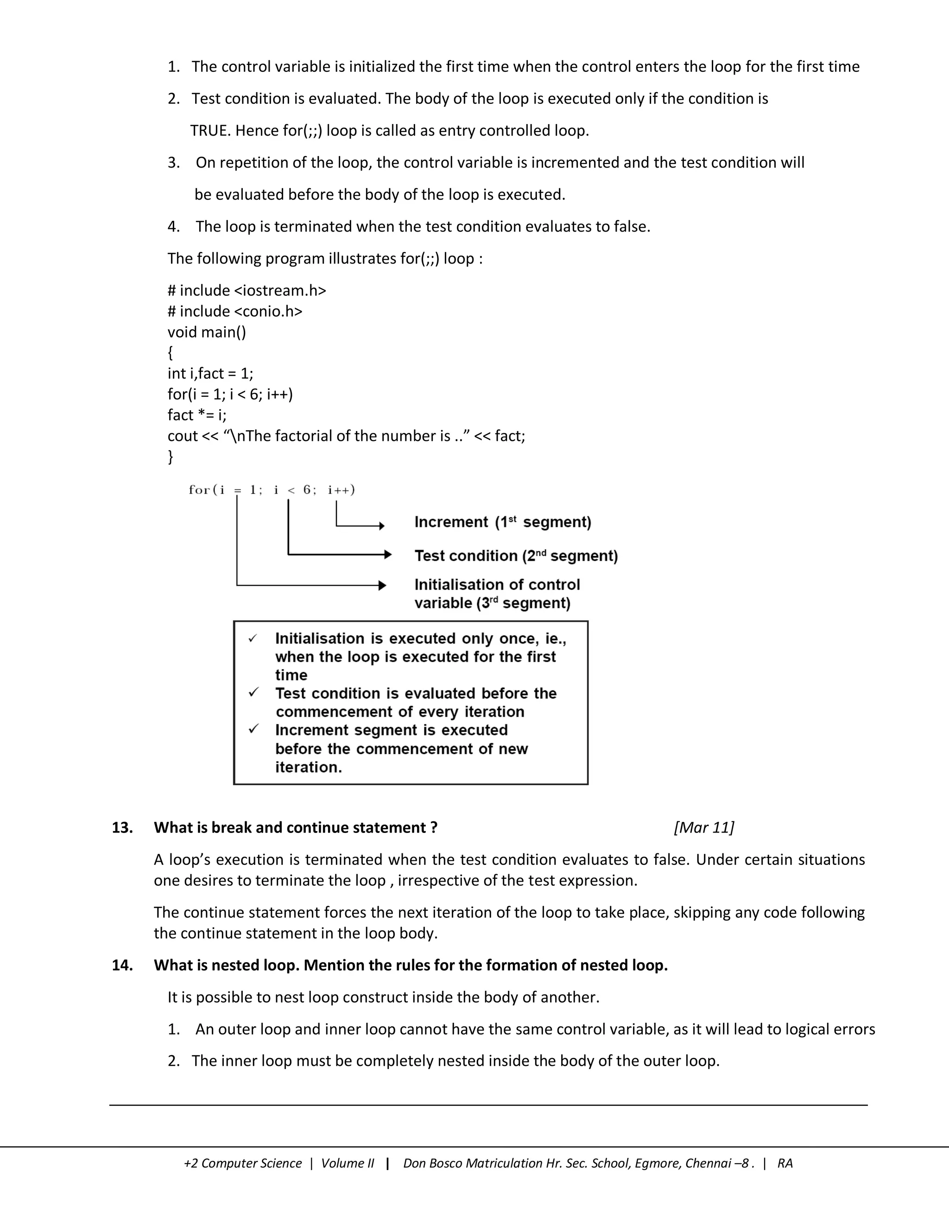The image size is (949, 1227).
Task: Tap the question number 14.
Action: coord(122,965)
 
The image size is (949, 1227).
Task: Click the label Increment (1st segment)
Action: coord(503,522)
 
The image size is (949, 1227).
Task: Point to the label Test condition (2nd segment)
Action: coord(516,556)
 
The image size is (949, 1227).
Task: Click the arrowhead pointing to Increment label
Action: coord(382,526)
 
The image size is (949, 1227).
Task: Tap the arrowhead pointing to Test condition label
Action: coord(387,555)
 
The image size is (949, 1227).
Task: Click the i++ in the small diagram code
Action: coord(341,490)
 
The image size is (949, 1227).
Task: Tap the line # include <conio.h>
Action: coord(234,311)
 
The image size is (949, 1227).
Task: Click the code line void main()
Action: coord(206,332)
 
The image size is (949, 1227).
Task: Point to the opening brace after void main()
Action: coord(171,353)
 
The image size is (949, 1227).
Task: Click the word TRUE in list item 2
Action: coord(210,131)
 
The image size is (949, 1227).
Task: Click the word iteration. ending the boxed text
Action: coord(308,767)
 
